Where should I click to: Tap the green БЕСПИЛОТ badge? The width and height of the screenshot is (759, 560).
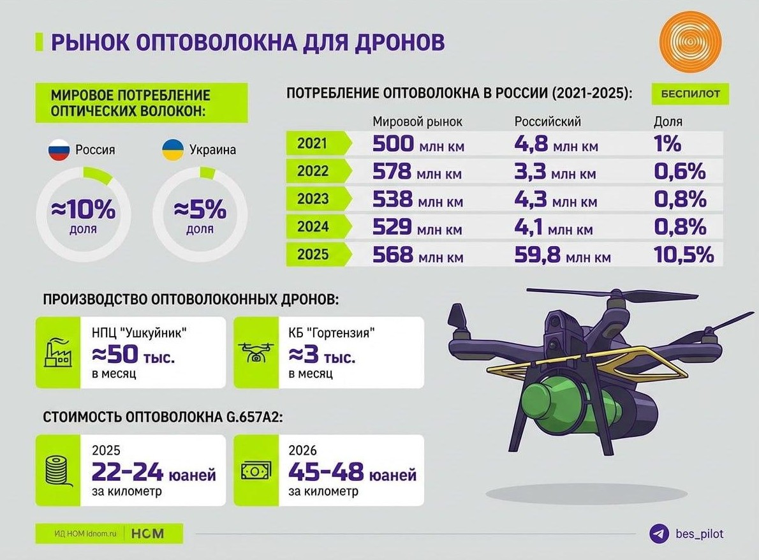point(690,94)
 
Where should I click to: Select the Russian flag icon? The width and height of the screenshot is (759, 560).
point(59,151)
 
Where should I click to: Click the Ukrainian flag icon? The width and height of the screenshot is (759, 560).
point(172,151)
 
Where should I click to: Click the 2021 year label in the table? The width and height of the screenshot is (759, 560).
point(313,143)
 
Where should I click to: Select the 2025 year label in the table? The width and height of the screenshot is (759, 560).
point(313,254)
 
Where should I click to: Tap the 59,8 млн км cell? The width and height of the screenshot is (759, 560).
point(562,256)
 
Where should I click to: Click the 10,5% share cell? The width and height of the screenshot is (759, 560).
point(683,256)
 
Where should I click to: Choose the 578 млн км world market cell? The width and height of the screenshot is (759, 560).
point(418,172)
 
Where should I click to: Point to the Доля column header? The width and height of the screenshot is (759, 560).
point(668,121)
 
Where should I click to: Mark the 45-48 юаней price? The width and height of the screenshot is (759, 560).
point(352,473)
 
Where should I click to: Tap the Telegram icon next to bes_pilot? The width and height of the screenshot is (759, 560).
point(658,534)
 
